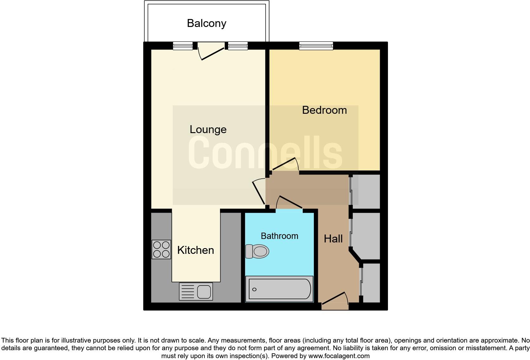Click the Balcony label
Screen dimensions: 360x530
coord(206,23)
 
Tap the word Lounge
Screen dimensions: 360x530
coord(208,129)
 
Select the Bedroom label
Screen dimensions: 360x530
coord(324,110)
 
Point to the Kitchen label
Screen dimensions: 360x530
coord(196,250)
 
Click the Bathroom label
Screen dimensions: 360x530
coord(279,236)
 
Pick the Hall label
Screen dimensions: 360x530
coord(333,239)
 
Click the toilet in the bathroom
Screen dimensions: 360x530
coord(257,252)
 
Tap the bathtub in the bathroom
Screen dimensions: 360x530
coord(279,289)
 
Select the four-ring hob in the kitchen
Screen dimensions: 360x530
coord(161,249)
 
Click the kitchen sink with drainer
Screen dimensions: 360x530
coord(196,291)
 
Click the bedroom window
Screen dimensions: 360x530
coord(316,46)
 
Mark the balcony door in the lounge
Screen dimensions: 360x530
coord(211,51)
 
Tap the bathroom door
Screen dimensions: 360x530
coord(289,204)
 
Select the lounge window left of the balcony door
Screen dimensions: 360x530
coord(183,46)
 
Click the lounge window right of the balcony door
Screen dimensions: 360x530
coord(238,46)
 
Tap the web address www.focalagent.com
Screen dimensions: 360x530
coord(339,356)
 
